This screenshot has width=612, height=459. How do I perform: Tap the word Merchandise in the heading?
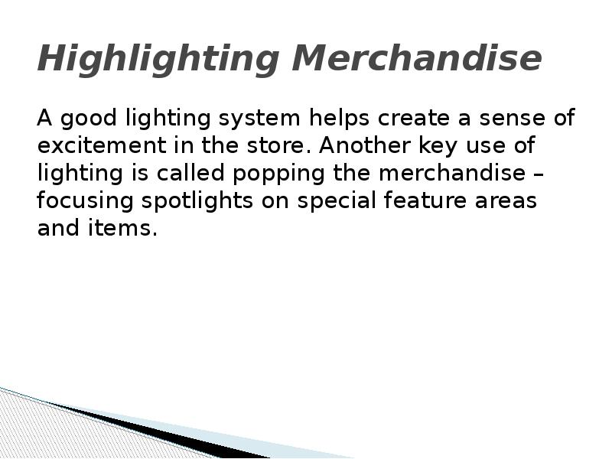coord(417,58)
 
